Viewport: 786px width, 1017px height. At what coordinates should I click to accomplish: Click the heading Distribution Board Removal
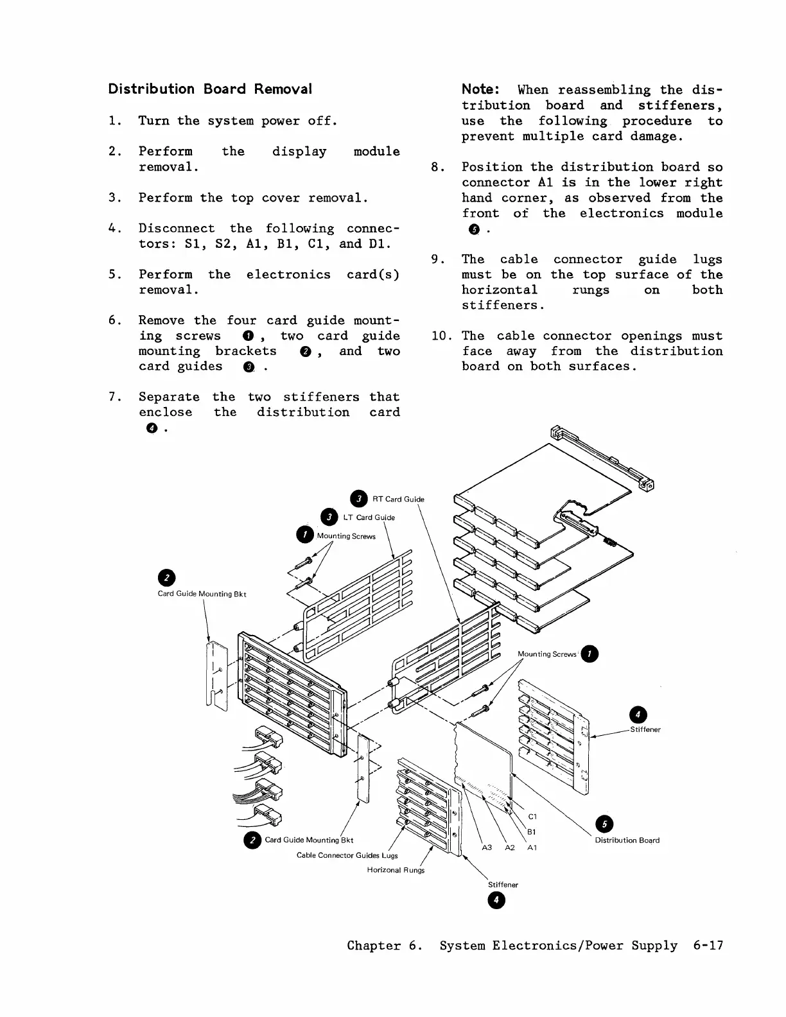[x=210, y=89]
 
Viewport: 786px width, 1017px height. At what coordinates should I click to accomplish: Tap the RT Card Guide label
[x=398, y=499]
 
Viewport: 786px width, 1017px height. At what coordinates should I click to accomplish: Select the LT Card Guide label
[x=369, y=517]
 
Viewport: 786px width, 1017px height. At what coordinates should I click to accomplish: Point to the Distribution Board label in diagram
[x=627, y=840]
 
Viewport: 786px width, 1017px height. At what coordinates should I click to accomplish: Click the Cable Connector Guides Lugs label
[x=347, y=855]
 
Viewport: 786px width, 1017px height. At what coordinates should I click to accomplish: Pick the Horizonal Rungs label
[x=396, y=870]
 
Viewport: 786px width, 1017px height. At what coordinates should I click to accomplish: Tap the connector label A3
[x=487, y=847]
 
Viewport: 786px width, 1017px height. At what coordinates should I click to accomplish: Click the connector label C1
[x=532, y=817]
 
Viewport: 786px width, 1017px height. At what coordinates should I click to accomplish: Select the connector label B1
[x=532, y=832]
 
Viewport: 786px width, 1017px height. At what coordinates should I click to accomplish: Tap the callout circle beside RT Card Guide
[x=359, y=499]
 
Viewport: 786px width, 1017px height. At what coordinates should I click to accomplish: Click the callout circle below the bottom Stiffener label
[x=495, y=901]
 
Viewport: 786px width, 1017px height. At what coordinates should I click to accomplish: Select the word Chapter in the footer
[x=374, y=945]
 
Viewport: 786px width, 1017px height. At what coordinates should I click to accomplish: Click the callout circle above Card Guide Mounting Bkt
[x=167, y=577]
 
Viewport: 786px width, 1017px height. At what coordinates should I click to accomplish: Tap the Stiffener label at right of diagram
[x=645, y=729]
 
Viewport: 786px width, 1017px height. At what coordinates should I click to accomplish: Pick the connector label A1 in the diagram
[x=532, y=847]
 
